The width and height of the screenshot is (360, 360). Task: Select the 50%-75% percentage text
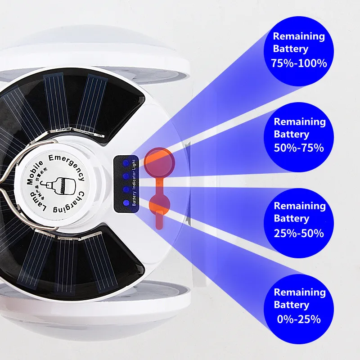299,148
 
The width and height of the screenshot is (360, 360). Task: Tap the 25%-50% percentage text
299,233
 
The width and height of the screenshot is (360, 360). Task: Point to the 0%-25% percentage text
299,319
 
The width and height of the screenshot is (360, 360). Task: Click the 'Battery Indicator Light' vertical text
135,182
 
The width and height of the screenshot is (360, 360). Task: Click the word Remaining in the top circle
299,36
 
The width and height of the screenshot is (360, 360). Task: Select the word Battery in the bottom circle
292,305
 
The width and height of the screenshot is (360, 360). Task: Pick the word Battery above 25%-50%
292,219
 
